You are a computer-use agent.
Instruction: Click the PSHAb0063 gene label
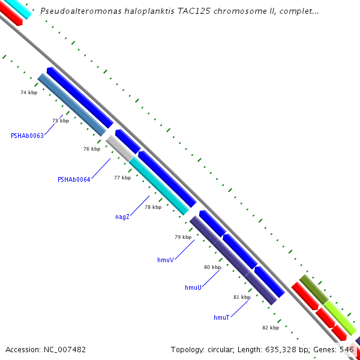(x=27, y=136)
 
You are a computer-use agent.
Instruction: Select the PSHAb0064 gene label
(x=74, y=179)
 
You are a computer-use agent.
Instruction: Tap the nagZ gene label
(x=122, y=217)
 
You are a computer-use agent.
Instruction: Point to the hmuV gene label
(x=165, y=260)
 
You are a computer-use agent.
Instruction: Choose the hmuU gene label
(x=193, y=288)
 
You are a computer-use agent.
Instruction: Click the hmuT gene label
(x=221, y=317)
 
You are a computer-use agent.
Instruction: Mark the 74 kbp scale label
(x=29, y=92)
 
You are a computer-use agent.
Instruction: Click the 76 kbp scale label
(x=92, y=149)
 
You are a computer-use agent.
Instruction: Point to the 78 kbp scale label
(x=153, y=207)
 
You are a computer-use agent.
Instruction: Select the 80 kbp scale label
(x=212, y=267)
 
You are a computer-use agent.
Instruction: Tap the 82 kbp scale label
(x=271, y=328)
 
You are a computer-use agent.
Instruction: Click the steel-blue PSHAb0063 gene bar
(x=72, y=104)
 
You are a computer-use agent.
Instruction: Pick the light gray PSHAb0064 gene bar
(x=119, y=148)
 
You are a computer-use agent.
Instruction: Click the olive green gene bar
(x=313, y=289)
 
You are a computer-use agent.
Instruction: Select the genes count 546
(x=347, y=349)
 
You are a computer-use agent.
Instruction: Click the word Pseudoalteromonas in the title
(x=76, y=11)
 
